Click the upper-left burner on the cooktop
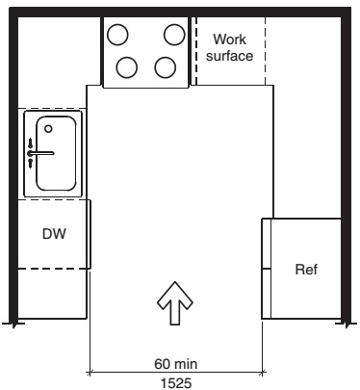click(x=117, y=34)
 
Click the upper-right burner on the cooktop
click(x=174, y=34)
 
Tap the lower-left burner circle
click(x=127, y=67)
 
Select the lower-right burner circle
click(x=165, y=67)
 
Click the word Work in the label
click(x=229, y=39)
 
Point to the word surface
click(x=229, y=56)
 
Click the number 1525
click(x=176, y=381)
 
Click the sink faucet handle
click(x=40, y=152)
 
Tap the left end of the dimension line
click(x=90, y=371)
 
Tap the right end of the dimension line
click(x=263, y=371)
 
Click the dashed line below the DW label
click(x=53, y=269)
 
